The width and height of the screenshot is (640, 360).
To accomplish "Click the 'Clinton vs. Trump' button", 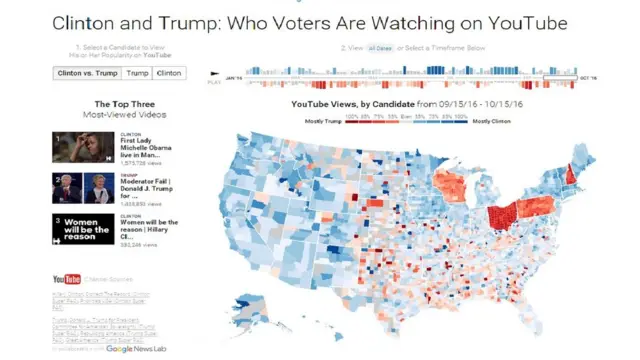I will click(x=87, y=73).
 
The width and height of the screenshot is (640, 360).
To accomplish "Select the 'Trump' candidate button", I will click(x=138, y=73).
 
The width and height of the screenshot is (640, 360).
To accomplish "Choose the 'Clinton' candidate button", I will click(x=169, y=73).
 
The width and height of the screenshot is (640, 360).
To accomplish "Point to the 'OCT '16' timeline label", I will click(x=588, y=77).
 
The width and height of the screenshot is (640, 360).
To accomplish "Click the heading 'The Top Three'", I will click(x=124, y=104).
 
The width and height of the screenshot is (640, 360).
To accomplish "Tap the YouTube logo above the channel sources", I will click(x=66, y=279).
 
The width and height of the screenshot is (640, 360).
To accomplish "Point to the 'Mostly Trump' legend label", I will click(x=321, y=120).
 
